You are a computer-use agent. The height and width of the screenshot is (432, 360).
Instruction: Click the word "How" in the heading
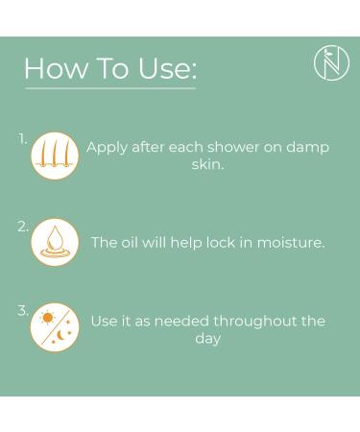[57, 68]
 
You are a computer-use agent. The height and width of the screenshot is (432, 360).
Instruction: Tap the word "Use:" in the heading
[167, 68]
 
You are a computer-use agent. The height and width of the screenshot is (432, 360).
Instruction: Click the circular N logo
[331, 62]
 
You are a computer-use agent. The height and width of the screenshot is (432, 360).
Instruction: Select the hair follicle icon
[55, 156]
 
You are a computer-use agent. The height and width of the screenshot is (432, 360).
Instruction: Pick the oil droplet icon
[55, 242]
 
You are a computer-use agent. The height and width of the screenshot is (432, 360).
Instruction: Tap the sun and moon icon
[55, 327]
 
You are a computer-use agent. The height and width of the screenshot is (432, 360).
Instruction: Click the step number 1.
[23, 139]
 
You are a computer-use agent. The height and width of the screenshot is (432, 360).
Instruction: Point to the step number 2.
[23, 227]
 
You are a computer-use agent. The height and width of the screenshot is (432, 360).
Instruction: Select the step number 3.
[23, 311]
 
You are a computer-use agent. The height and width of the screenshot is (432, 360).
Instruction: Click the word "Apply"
[107, 148]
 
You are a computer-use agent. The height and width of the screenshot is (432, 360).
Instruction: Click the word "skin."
[207, 164]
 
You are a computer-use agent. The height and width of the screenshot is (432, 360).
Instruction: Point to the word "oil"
[129, 242]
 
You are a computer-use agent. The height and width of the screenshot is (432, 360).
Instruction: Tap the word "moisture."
[291, 243]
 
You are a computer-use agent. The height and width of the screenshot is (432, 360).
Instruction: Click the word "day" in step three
[207, 339]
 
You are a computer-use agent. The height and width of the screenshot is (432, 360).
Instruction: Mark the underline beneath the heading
[110, 87]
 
